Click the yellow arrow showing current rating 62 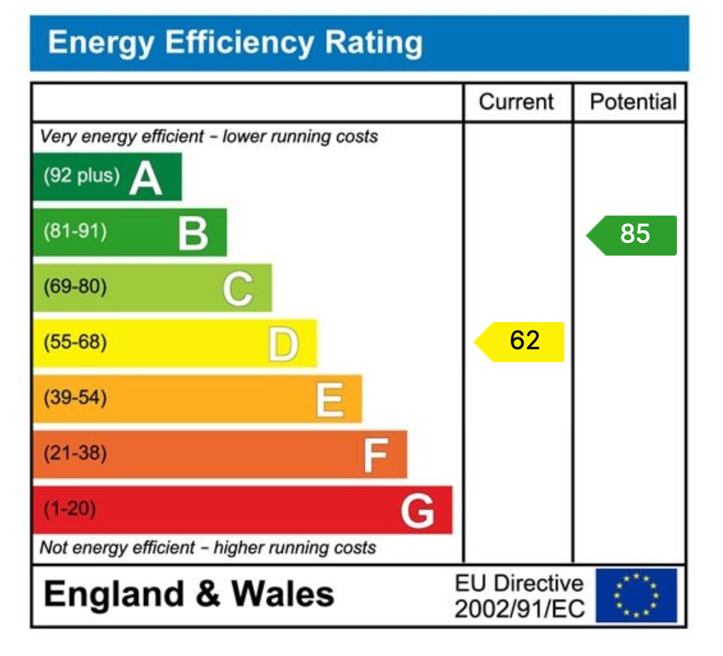tap(520, 342)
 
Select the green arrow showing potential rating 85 tap(633, 234)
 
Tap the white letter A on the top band tap(146, 178)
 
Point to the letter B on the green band tap(194, 233)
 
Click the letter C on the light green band tap(238, 289)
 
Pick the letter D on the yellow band tap(283, 345)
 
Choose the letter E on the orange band tap(329, 400)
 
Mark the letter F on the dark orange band tap(375, 456)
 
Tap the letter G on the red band tap(418, 511)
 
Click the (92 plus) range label tap(82, 176)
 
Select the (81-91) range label tap(75, 231)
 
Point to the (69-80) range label tap(75, 287)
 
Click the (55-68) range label tap(75, 342)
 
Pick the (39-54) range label tap(75, 398)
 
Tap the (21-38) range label tap(75, 453)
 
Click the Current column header tap(516, 102)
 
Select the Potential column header tap(633, 102)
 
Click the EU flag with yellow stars tap(636, 596)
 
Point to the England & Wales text tap(188, 594)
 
